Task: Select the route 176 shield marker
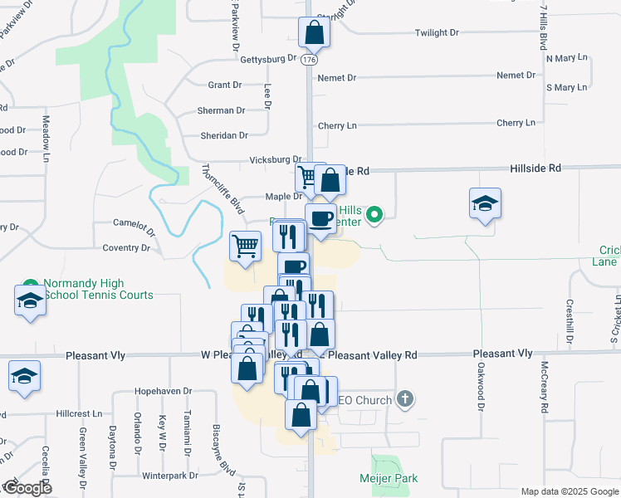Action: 310,60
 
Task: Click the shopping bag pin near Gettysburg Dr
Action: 315,33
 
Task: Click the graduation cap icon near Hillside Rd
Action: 486,204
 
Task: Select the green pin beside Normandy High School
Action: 31,284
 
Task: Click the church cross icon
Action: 404,400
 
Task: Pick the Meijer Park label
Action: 389,478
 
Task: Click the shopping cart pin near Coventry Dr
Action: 245,246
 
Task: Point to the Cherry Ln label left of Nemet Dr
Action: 337,126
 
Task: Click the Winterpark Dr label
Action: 169,476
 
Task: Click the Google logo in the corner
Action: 27,488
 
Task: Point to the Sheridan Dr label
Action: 224,135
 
